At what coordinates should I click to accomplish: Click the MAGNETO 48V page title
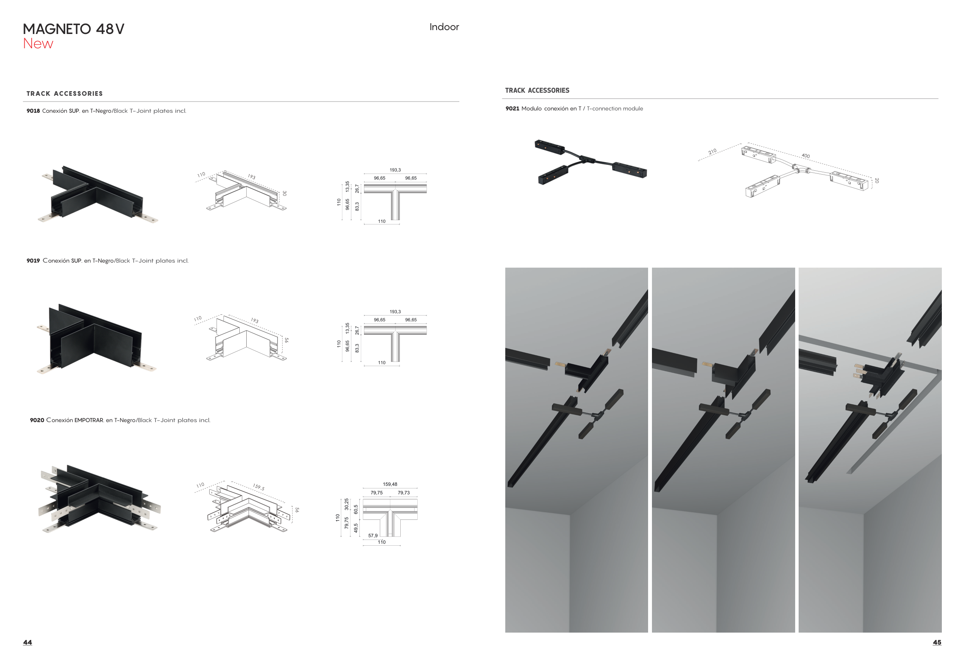(x=73, y=29)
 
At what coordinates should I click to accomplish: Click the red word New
(x=38, y=44)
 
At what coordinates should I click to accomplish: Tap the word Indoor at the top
(x=444, y=27)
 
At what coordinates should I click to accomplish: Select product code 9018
(x=33, y=111)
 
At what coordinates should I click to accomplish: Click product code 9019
(x=33, y=261)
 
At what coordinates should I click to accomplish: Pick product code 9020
(x=37, y=420)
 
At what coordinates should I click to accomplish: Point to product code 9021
(x=512, y=109)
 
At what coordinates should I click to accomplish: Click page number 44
(x=27, y=642)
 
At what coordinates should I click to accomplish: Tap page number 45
(x=937, y=642)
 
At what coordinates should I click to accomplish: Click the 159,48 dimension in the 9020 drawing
(x=390, y=484)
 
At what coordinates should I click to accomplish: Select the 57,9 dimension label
(x=373, y=536)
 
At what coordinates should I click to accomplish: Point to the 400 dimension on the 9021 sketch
(x=806, y=156)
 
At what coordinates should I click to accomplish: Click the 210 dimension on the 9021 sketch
(x=713, y=152)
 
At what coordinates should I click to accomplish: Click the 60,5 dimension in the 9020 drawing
(x=356, y=510)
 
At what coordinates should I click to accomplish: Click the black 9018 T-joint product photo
(x=98, y=195)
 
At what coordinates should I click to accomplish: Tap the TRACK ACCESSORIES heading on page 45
(x=537, y=90)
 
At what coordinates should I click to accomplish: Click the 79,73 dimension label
(x=404, y=493)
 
